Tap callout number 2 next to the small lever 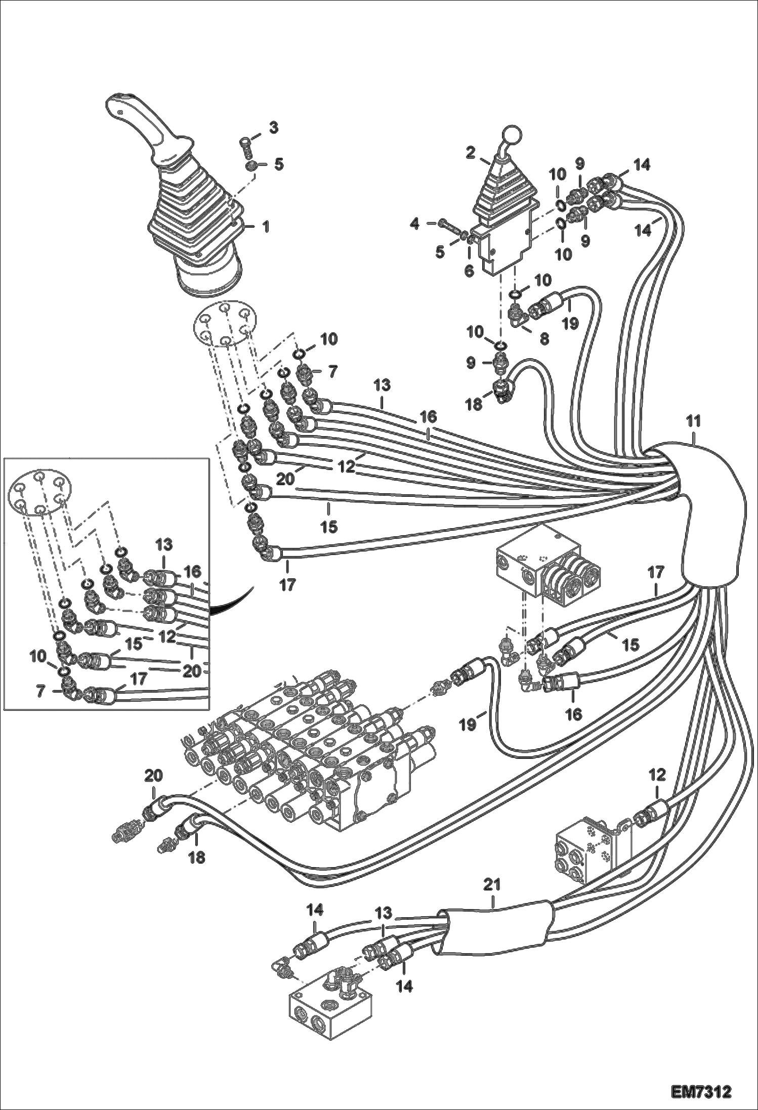(471, 153)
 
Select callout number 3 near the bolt (273, 127)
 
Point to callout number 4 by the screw (415, 223)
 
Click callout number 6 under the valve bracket (469, 271)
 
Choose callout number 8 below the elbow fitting (544, 338)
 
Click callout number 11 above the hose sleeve (693, 421)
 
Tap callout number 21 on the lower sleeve (492, 885)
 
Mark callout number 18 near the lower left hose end (197, 857)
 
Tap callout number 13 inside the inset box (164, 545)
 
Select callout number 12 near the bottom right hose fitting (657, 775)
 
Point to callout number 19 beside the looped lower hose (469, 725)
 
